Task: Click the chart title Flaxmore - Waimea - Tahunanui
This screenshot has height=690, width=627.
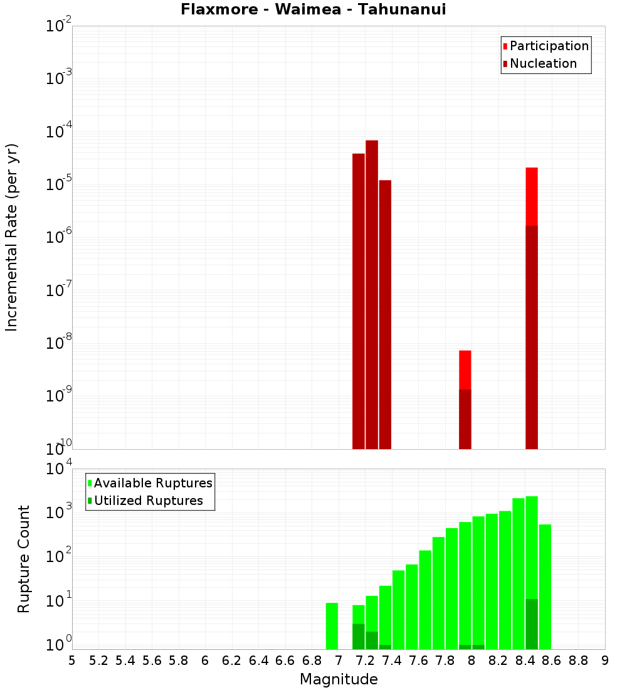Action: (313, 9)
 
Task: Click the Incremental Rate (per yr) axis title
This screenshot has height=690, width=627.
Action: (12, 238)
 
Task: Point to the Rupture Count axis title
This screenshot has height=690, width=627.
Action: (24, 559)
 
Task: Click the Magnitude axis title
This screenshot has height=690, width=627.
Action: (339, 679)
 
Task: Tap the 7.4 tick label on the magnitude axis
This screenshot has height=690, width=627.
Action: (392, 661)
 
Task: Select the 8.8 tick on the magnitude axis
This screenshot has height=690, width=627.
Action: (578, 661)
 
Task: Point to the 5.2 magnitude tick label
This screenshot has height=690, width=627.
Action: (98, 661)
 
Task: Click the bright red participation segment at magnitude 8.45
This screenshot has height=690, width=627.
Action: (532, 196)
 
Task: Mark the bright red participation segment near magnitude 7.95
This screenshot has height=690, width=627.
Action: (465, 369)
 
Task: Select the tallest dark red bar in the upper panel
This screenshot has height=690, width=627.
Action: (372, 295)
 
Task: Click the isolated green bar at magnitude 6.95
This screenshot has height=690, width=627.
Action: (332, 625)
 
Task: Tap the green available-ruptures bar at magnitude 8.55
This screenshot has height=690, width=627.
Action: (545, 586)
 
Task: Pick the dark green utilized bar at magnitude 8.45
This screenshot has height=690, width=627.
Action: (532, 624)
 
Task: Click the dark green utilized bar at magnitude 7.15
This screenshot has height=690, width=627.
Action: (359, 636)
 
